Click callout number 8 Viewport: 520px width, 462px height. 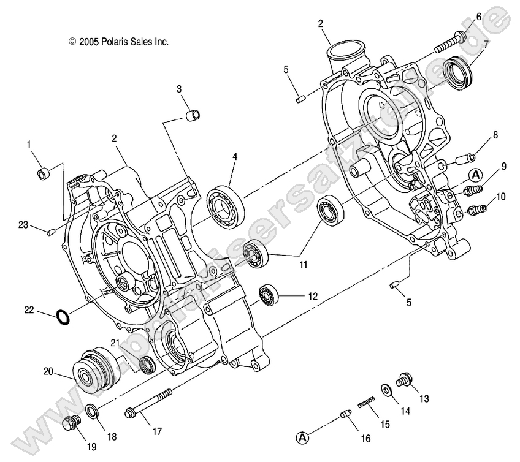pos(495,134)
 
